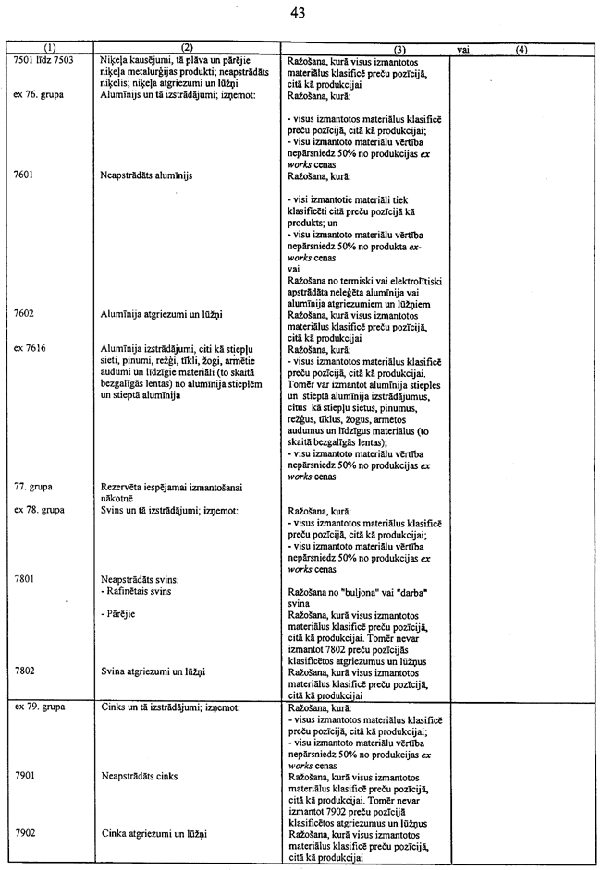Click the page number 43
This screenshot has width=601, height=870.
pyautogui.click(x=297, y=13)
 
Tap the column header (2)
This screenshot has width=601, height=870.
pyautogui.click(x=186, y=47)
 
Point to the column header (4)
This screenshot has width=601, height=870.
pyautogui.click(x=521, y=48)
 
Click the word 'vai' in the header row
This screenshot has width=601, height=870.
pyautogui.click(x=460, y=48)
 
